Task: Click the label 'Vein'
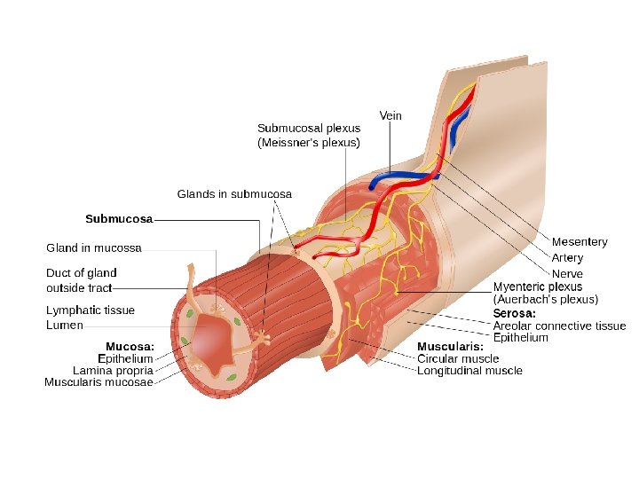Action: [x=390, y=116]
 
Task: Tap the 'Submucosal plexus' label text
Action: [x=309, y=128]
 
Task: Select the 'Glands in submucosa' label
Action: [x=234, y=193]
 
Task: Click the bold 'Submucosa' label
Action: [x=119, y=217]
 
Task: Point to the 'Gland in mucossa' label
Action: [x=94, y=247]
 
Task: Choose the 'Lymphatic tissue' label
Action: [x=91, y=310]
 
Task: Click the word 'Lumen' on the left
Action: [x=65, y=325]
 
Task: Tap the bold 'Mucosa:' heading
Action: [x=130, y=346]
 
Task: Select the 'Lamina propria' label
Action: [x=113, y=370]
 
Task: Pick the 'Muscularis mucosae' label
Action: [x=99, y=382]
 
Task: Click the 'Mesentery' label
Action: [x=580, y=242]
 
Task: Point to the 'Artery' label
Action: [x=567, y=258]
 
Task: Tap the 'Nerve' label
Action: [x=567, y=274]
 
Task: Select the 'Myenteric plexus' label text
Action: [x=538, y=287]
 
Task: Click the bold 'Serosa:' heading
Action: [x=515, y=313]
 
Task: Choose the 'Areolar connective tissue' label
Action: [x=559, y=326]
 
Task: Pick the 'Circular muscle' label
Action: [x=458, y=358]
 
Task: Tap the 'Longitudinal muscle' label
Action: [x=469, y=371]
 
